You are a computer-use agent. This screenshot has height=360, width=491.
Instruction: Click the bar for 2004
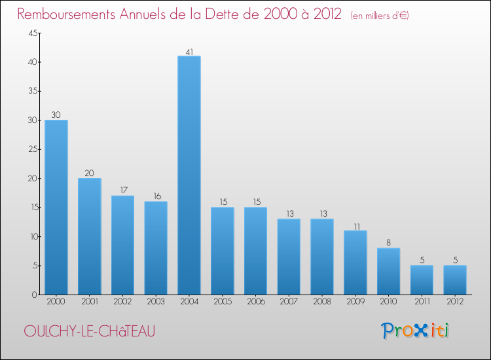click(189, 175)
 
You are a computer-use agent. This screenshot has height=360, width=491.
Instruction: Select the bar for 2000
click(56, 207)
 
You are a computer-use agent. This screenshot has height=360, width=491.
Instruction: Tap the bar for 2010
click(388, 271)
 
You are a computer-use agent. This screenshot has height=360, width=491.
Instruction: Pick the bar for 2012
click(455, 279)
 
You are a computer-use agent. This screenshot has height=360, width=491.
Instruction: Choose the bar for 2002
click(122, 245)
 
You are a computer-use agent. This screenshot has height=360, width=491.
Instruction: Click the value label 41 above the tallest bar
click(189, 50)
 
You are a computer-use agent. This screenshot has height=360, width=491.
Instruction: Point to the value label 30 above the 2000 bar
click(56, 115)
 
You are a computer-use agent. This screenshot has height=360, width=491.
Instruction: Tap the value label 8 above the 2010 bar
click(388, 242)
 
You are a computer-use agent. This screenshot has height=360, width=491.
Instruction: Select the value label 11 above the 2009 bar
click(355, 225)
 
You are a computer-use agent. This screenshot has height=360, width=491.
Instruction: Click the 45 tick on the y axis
click(31, 33)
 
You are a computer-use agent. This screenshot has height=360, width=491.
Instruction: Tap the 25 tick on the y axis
click(31, 149)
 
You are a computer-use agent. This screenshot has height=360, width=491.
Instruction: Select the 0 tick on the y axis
click(33, 295)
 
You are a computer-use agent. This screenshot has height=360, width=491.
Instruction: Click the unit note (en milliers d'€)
click(380, 16)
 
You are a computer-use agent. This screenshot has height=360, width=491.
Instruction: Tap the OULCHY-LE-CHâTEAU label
click(90, 331)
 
